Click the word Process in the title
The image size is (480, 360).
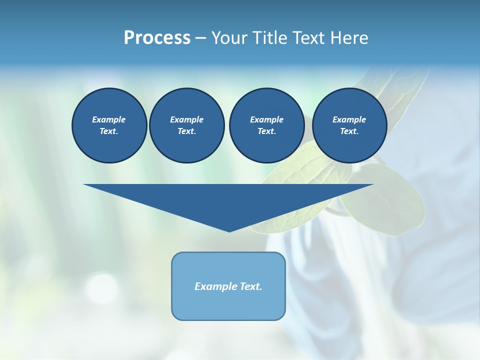coord(157,38)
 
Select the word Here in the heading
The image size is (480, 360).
coord(348,38)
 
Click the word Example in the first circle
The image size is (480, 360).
coord(109,119)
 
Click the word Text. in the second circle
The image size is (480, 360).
coord(186,131)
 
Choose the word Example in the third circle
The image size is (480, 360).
coord(266,119)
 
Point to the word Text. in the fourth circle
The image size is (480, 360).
coord(349,131)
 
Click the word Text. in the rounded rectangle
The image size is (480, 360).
coord(250,286)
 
